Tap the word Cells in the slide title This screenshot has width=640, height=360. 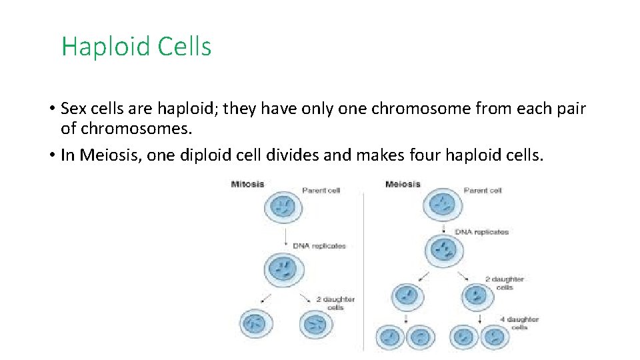(185, 47)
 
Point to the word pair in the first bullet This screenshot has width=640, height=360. (567, 109)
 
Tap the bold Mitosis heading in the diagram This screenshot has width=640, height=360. (247, 184)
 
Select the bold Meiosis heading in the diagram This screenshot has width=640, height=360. (403, 184)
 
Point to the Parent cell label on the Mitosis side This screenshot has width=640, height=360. (321, 191)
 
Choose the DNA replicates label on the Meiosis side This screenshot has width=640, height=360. (481, 232)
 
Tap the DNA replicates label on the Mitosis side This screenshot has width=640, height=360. (319, 246)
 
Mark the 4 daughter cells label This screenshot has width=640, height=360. (520, 323)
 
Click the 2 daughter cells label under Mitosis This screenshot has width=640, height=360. (335, 303)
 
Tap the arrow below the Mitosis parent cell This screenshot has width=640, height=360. (286, 237)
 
